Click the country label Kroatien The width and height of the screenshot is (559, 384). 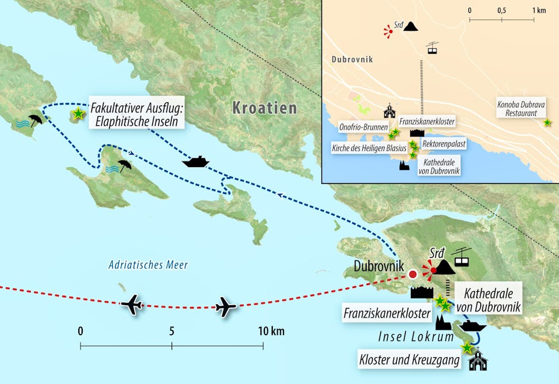tap(264, 108)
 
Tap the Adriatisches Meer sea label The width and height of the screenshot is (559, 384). tap(148, 265)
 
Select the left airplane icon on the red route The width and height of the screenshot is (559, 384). tap(132, 305)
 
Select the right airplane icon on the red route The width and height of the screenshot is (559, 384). tap(225, 306)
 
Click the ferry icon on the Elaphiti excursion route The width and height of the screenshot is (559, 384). tap(196, 162)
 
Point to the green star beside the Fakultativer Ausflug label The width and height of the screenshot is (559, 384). tap(78, 113)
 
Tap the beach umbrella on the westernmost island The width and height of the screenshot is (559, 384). tap(36, 120)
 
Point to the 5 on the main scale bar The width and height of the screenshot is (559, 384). tap(172, 331)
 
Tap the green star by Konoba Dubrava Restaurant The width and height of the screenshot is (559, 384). tap(547, 122)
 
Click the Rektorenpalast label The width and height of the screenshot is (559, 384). tap(444, 144)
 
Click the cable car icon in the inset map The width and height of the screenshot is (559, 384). tap(432, 48)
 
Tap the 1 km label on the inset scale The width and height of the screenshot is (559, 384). tap(538, 11)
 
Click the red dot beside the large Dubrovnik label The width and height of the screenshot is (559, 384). tap(413, 274)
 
